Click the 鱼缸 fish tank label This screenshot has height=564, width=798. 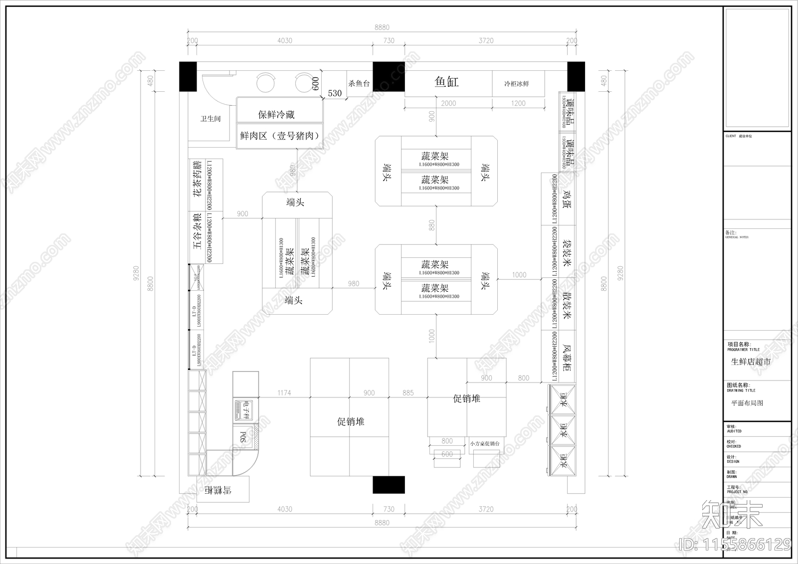446,82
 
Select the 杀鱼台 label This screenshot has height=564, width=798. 359,83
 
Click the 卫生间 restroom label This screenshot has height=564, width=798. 210,119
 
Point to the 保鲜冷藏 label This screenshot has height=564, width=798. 276,115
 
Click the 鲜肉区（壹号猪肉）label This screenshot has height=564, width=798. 280,136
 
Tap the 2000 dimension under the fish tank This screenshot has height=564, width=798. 448,103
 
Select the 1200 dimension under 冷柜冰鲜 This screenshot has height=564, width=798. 518,103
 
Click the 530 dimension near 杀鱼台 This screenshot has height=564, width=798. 335,93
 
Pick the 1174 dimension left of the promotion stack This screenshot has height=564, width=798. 284,393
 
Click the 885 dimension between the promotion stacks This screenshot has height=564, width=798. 408,393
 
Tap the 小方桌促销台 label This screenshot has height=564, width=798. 484,443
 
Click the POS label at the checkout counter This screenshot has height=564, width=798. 243,437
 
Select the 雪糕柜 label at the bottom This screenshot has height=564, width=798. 218,490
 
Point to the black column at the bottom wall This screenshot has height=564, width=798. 389,485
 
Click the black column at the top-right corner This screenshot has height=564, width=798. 576,76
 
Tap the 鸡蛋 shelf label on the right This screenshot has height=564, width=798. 567,198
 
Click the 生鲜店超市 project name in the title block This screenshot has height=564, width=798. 751,362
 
